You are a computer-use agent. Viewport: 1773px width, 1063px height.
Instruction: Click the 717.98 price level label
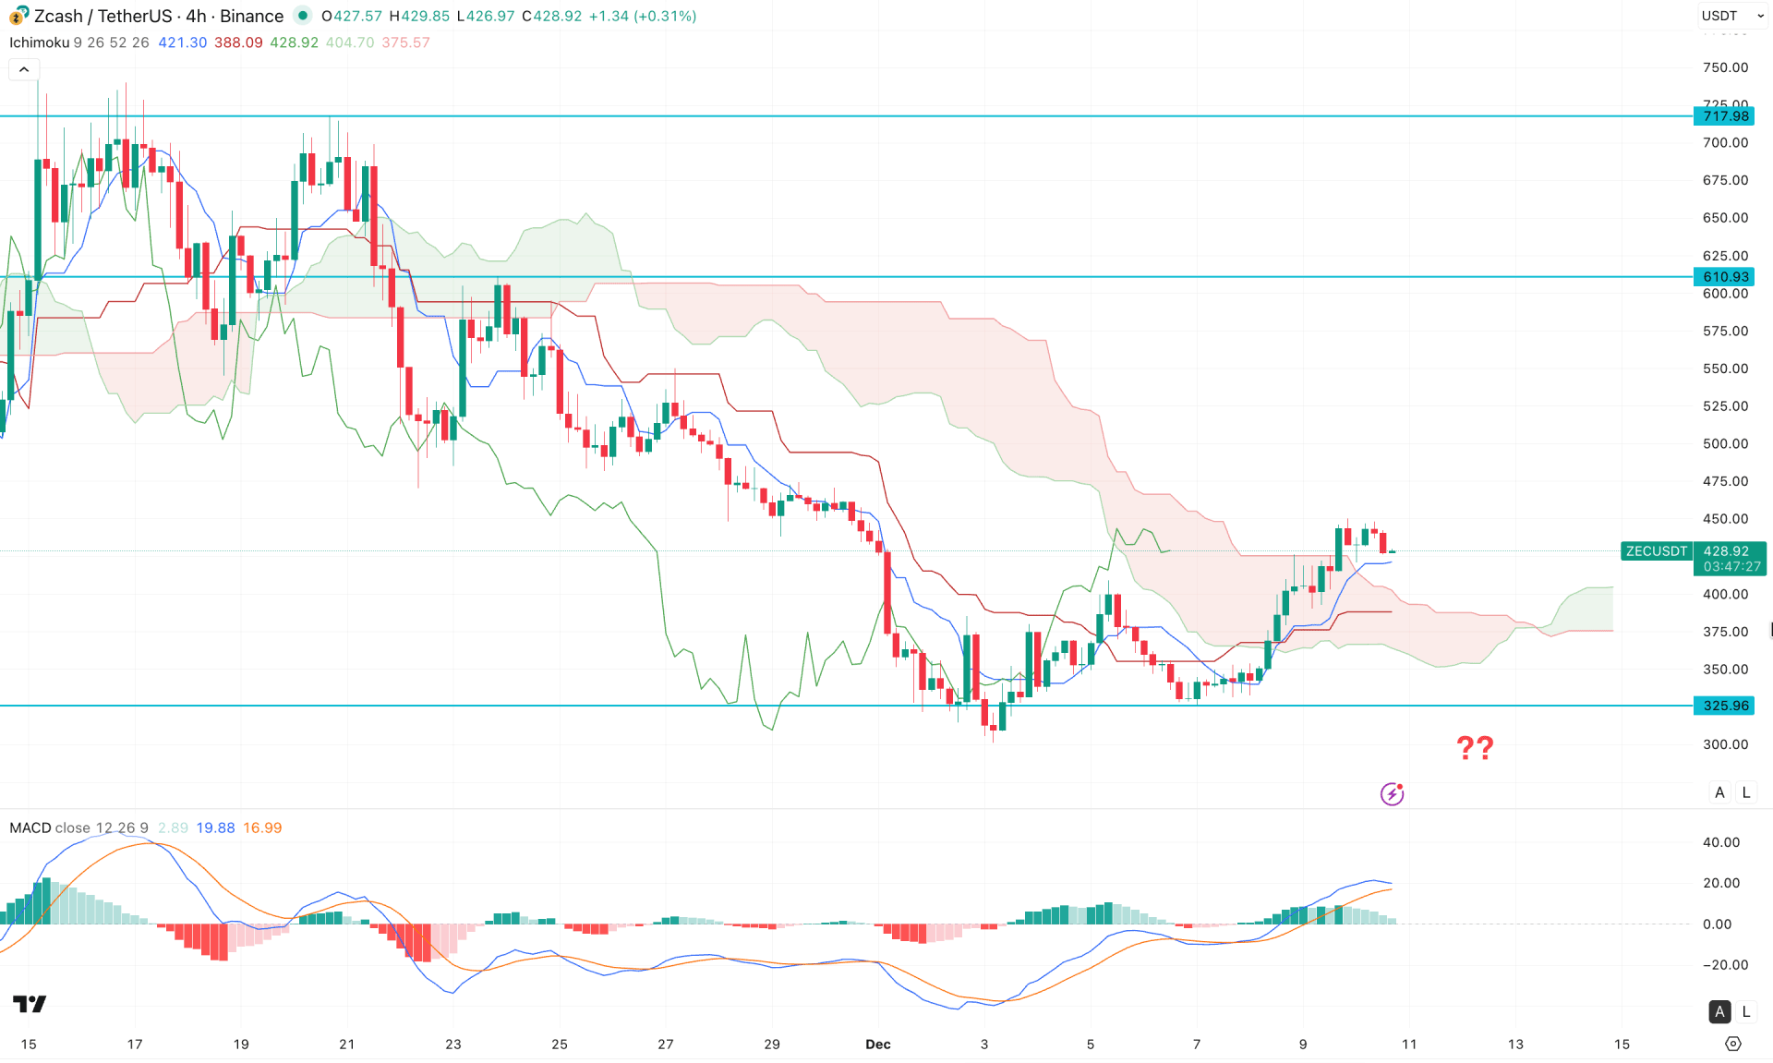click(1725, 116)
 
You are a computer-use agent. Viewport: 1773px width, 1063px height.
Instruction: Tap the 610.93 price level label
click(1725, 277)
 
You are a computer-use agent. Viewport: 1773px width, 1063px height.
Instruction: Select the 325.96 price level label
click(1725, 706)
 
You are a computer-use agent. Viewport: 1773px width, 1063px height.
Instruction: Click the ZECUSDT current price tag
click(1656, 551)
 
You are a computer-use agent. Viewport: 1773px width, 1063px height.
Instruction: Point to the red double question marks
click(1475, 747)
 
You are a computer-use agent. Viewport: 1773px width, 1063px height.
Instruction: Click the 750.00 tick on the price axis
click(1725, 67)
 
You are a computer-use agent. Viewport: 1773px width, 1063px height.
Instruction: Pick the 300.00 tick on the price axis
click(1725, 744)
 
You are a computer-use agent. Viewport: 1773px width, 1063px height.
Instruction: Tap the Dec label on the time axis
click(877, 1045)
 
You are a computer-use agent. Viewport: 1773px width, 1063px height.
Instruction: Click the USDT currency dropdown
click(1731, 16)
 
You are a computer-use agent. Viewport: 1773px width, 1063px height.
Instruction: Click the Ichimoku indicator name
click(40, 42)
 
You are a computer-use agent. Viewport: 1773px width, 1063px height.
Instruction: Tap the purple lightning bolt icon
click(1392, 794)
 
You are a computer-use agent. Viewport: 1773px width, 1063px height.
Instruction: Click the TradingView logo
click(30, 1004)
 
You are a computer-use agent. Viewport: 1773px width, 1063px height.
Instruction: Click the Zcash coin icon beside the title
click(18, 16)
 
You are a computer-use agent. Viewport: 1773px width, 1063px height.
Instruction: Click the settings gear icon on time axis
click(1733, 1045)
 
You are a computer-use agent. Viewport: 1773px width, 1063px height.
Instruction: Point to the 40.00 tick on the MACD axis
click(1721, 842)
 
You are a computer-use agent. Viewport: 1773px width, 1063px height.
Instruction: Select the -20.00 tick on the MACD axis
click(1723, 965)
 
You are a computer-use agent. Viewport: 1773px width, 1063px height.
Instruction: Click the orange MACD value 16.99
click(262, 827)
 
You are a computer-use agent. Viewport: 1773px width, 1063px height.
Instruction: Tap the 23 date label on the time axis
click(452, 1045)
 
